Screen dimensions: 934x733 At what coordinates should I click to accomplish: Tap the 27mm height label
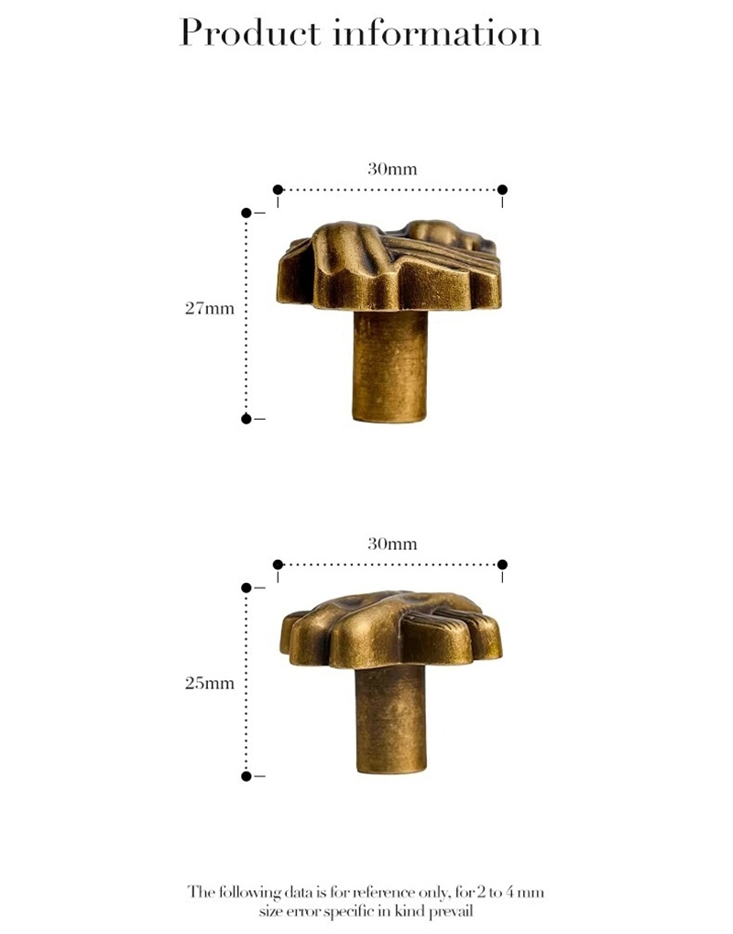[x=210, y=308]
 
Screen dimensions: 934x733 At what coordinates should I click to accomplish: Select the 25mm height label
[x=210, y=683]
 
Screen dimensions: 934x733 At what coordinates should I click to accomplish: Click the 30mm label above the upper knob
[x=392, y=169]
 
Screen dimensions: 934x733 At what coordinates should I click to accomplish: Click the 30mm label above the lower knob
[x=392, y=544]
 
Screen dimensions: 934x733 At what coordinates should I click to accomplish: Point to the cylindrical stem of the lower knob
[x=390, y=720]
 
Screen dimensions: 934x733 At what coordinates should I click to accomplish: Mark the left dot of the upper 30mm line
[x=278, y=190]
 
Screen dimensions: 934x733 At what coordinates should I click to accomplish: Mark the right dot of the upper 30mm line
[x=502, y=190]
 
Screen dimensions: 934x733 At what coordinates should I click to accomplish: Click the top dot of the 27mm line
[x=246, y=213]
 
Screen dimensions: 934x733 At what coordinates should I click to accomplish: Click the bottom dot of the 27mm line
[x=246, y=419]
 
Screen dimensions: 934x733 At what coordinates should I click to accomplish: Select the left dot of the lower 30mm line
[x=278, y=565]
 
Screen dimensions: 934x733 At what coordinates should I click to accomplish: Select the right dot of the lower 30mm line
[x=502, y=565]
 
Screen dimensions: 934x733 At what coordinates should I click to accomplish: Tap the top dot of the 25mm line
[x=246, y=588]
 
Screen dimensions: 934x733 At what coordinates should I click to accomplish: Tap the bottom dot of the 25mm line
[x=246, y=776]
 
